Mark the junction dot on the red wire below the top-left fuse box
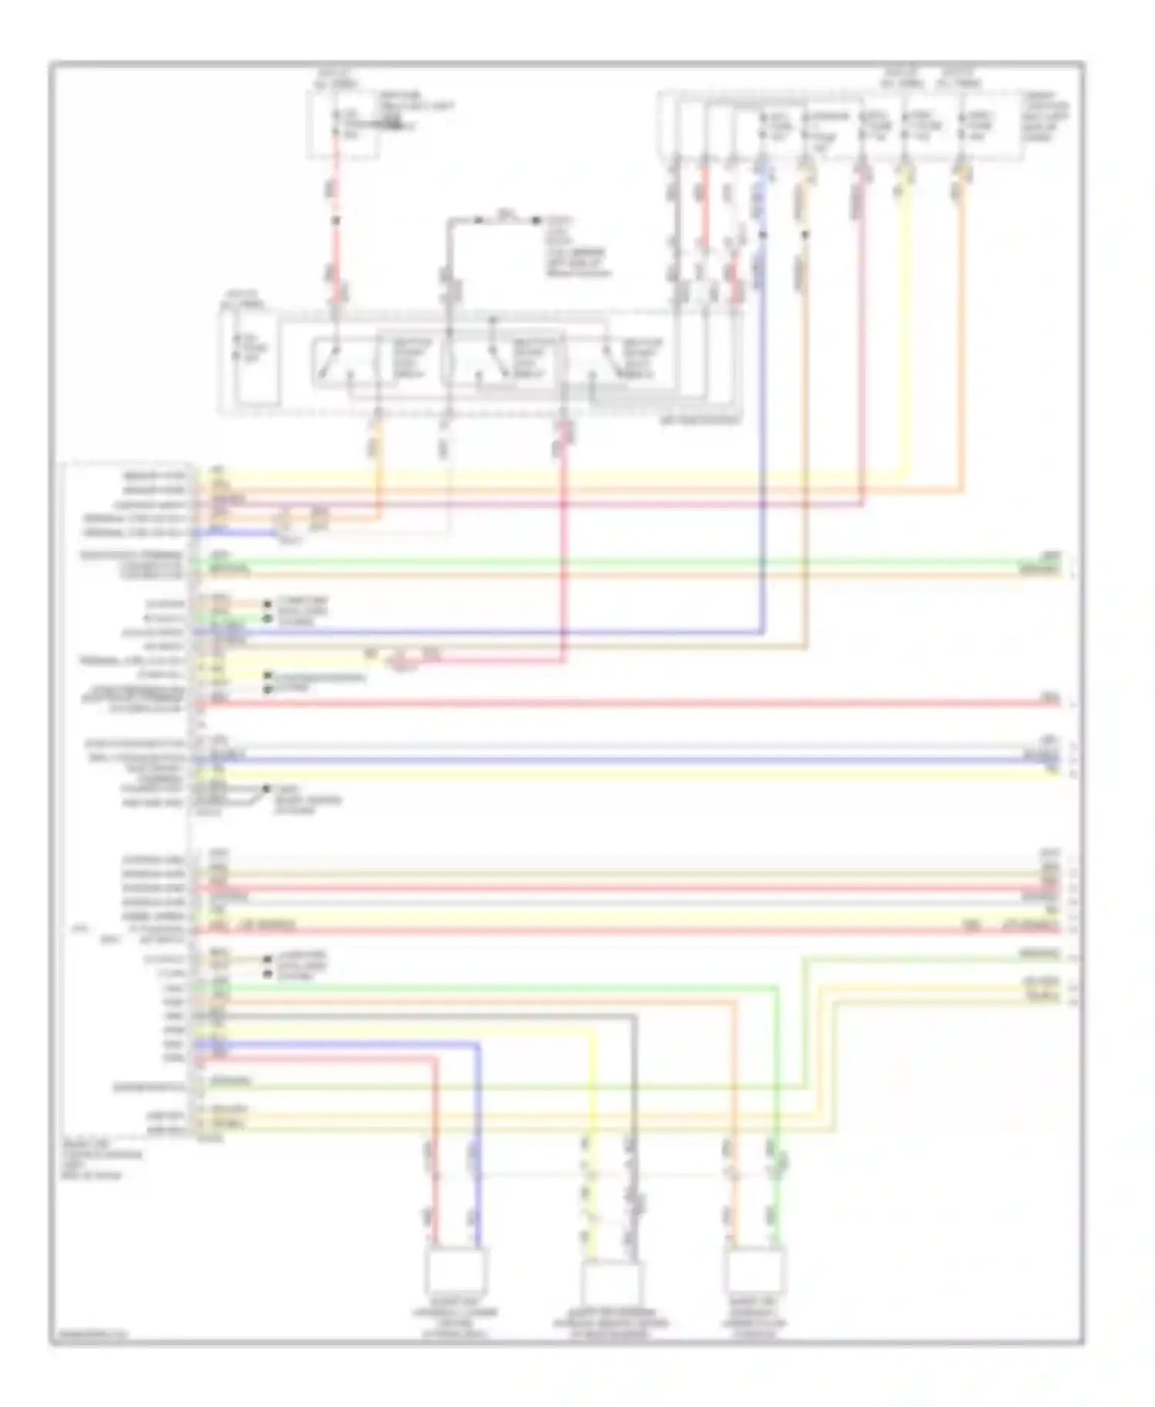(x=336, y=220)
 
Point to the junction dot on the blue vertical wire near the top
(x=764, y=234)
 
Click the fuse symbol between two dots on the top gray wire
(x=504, y=219)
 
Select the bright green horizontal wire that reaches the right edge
(x=616, y=561)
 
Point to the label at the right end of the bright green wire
(x=1050, y=555)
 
